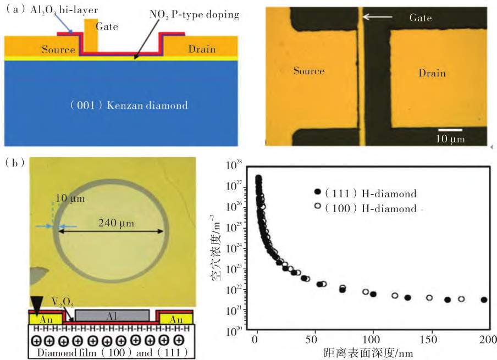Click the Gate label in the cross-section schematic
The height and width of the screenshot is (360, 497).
click(x=107, y=26)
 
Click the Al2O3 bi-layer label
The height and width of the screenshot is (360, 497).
click(x=64, y=10)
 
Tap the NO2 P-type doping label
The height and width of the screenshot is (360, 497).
click(x=194, y=15)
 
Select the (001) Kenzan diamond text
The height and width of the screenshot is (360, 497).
click(x=129, y=105)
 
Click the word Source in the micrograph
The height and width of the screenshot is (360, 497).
click(x=309, y=70)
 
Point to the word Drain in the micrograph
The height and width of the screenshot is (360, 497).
click(x=432, y=73)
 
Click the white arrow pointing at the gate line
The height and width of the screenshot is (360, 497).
click(x=377, y=16)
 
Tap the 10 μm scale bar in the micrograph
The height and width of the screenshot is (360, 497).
click(x=450, y=130)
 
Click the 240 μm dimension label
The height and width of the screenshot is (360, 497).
click(x=116, y=223)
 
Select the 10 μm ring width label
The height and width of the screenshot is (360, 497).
click(x=70, y=198)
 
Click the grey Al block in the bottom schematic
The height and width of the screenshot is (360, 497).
click(x=112, y=315)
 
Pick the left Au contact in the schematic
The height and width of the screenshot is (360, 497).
click(x=46, y=318)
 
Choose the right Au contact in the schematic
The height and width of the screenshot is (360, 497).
click(x=176, y=318)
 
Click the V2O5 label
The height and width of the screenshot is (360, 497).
click(x=63, y=303)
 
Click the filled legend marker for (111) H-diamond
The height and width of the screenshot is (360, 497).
click(x=317, y=191)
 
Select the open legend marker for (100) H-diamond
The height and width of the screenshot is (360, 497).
click(x=317, y=206)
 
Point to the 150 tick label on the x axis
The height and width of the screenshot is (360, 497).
click(x=428, y=340)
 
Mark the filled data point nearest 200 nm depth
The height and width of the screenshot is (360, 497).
click(x=484, y=300)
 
